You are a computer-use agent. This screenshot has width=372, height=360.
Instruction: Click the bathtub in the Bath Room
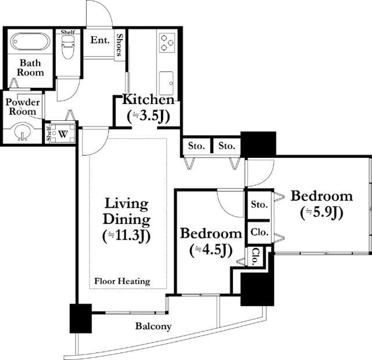click(30, 41)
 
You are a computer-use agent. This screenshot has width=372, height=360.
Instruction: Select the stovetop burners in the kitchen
click(167, 42)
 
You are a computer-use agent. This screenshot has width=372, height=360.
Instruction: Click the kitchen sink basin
click(166, 83)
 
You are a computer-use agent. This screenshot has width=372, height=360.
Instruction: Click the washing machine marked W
click(63, 134)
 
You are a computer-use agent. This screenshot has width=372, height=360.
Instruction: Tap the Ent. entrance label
click(100, 40)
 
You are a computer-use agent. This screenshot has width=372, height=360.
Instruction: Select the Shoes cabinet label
click(120, 45)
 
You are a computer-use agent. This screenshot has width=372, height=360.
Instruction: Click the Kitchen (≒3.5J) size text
click(148, 108)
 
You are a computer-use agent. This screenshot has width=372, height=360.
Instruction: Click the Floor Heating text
click(122, 281)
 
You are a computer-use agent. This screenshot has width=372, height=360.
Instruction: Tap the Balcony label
click(153, 326)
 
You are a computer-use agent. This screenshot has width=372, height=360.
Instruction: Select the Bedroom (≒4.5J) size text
click(211, 242)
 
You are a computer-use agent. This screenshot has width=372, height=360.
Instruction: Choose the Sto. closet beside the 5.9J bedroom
click(259, 204)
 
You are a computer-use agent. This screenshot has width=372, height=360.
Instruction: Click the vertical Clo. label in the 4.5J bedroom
click(255, 257)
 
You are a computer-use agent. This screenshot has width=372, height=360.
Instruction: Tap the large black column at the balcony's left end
click(81, 318)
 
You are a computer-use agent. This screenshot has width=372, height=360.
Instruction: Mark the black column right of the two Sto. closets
click(258, 144)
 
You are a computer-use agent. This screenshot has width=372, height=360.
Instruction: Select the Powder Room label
click(23, 107)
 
